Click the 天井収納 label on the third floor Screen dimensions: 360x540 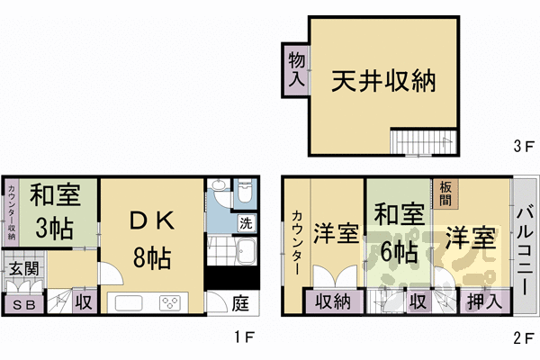[383, 82]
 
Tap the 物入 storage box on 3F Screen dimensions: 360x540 [295, 68]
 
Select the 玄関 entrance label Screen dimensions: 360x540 [24, 267]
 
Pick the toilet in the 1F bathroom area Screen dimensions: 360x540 [243, 193]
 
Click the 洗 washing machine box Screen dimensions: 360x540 [245, 222]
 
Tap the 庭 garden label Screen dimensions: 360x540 [241, 303]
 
